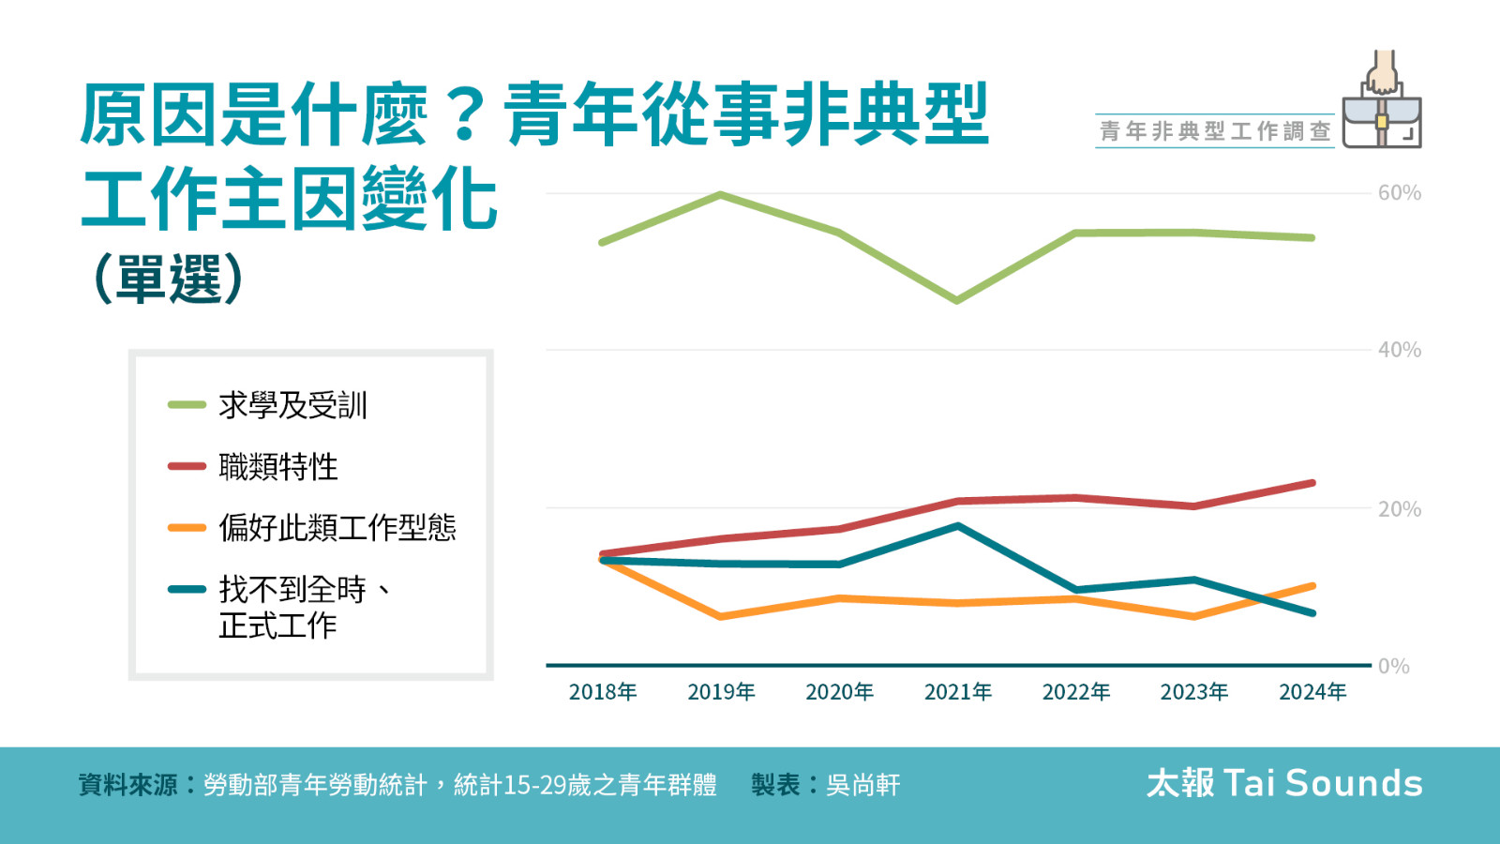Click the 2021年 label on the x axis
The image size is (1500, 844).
[x=957, y=692]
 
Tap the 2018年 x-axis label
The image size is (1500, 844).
[x=602, y=692]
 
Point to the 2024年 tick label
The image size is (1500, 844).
[x=1312, y=692]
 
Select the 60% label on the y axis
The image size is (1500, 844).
[x=1399, y=193]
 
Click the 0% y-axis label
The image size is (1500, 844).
[x=1393, y=667]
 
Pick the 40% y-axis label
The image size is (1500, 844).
[x=1399, y=351]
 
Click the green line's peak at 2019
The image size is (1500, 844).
[x=720, y=195]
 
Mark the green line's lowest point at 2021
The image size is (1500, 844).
[x=956, y=300]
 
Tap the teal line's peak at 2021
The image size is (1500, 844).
[x=957, y=526]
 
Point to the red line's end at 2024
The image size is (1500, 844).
[x=1312, y=484]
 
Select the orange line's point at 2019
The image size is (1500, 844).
[x=720, y=616]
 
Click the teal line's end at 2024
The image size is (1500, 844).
[x=1312, y=612]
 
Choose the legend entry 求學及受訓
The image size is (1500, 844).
[x=292, y=405]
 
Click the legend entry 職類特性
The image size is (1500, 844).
[x=277, y=466]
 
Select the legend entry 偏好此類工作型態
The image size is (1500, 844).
[x=337, y=527]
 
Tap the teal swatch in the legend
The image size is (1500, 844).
[x=187, y=589]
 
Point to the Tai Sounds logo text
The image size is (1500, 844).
[x=1283, y=783]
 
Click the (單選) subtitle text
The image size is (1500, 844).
[x=169, y=279]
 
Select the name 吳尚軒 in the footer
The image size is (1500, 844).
[x=862, y=785]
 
